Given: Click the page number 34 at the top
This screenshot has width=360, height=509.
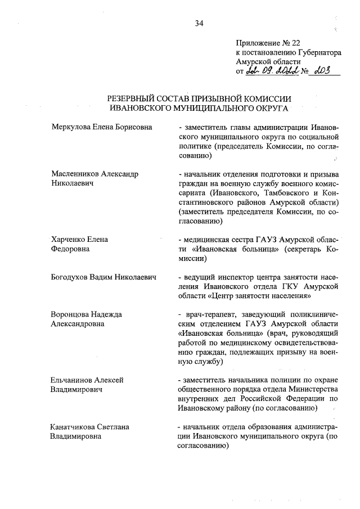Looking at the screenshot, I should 199,23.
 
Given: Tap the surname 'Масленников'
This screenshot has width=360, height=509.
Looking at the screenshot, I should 75,173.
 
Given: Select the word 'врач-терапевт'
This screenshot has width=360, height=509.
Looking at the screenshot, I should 205,314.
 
